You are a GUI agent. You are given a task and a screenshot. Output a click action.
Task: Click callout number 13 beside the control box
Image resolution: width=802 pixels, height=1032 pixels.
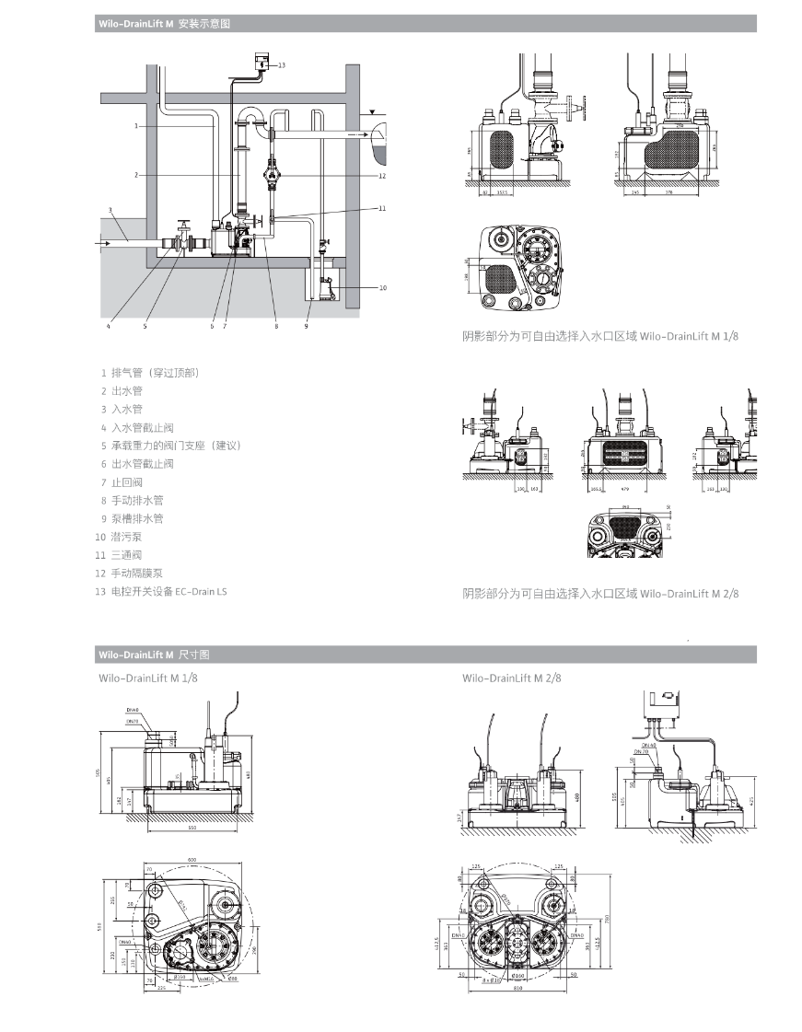[x=282, y=65]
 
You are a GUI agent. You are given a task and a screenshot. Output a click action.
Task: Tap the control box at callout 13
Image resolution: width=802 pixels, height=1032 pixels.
[x=262, y=64]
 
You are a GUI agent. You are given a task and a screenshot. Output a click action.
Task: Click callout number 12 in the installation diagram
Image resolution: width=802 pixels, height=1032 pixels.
[x=381, y=175]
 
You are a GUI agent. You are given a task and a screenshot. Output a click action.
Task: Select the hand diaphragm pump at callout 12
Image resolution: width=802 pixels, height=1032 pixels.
[x=273, y=171]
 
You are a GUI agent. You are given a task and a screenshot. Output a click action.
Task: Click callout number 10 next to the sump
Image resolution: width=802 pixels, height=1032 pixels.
[x=382, y=287]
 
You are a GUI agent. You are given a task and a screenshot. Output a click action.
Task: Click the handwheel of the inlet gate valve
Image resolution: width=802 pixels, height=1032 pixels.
[x=184, y=223]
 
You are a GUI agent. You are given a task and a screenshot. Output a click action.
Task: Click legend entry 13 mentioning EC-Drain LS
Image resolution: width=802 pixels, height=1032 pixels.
[x=160, y=591]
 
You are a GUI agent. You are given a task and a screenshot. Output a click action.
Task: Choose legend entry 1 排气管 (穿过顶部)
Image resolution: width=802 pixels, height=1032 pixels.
[x=149, y=373]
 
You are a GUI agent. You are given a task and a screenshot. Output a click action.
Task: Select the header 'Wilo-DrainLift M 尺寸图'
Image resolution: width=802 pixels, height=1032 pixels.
[x=154, y=655]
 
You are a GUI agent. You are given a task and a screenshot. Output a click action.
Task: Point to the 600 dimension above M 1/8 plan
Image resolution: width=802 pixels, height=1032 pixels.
[x=192, y=860]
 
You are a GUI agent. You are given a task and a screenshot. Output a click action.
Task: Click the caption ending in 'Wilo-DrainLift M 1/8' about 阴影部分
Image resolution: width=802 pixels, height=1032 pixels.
[x=599, y=337]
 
